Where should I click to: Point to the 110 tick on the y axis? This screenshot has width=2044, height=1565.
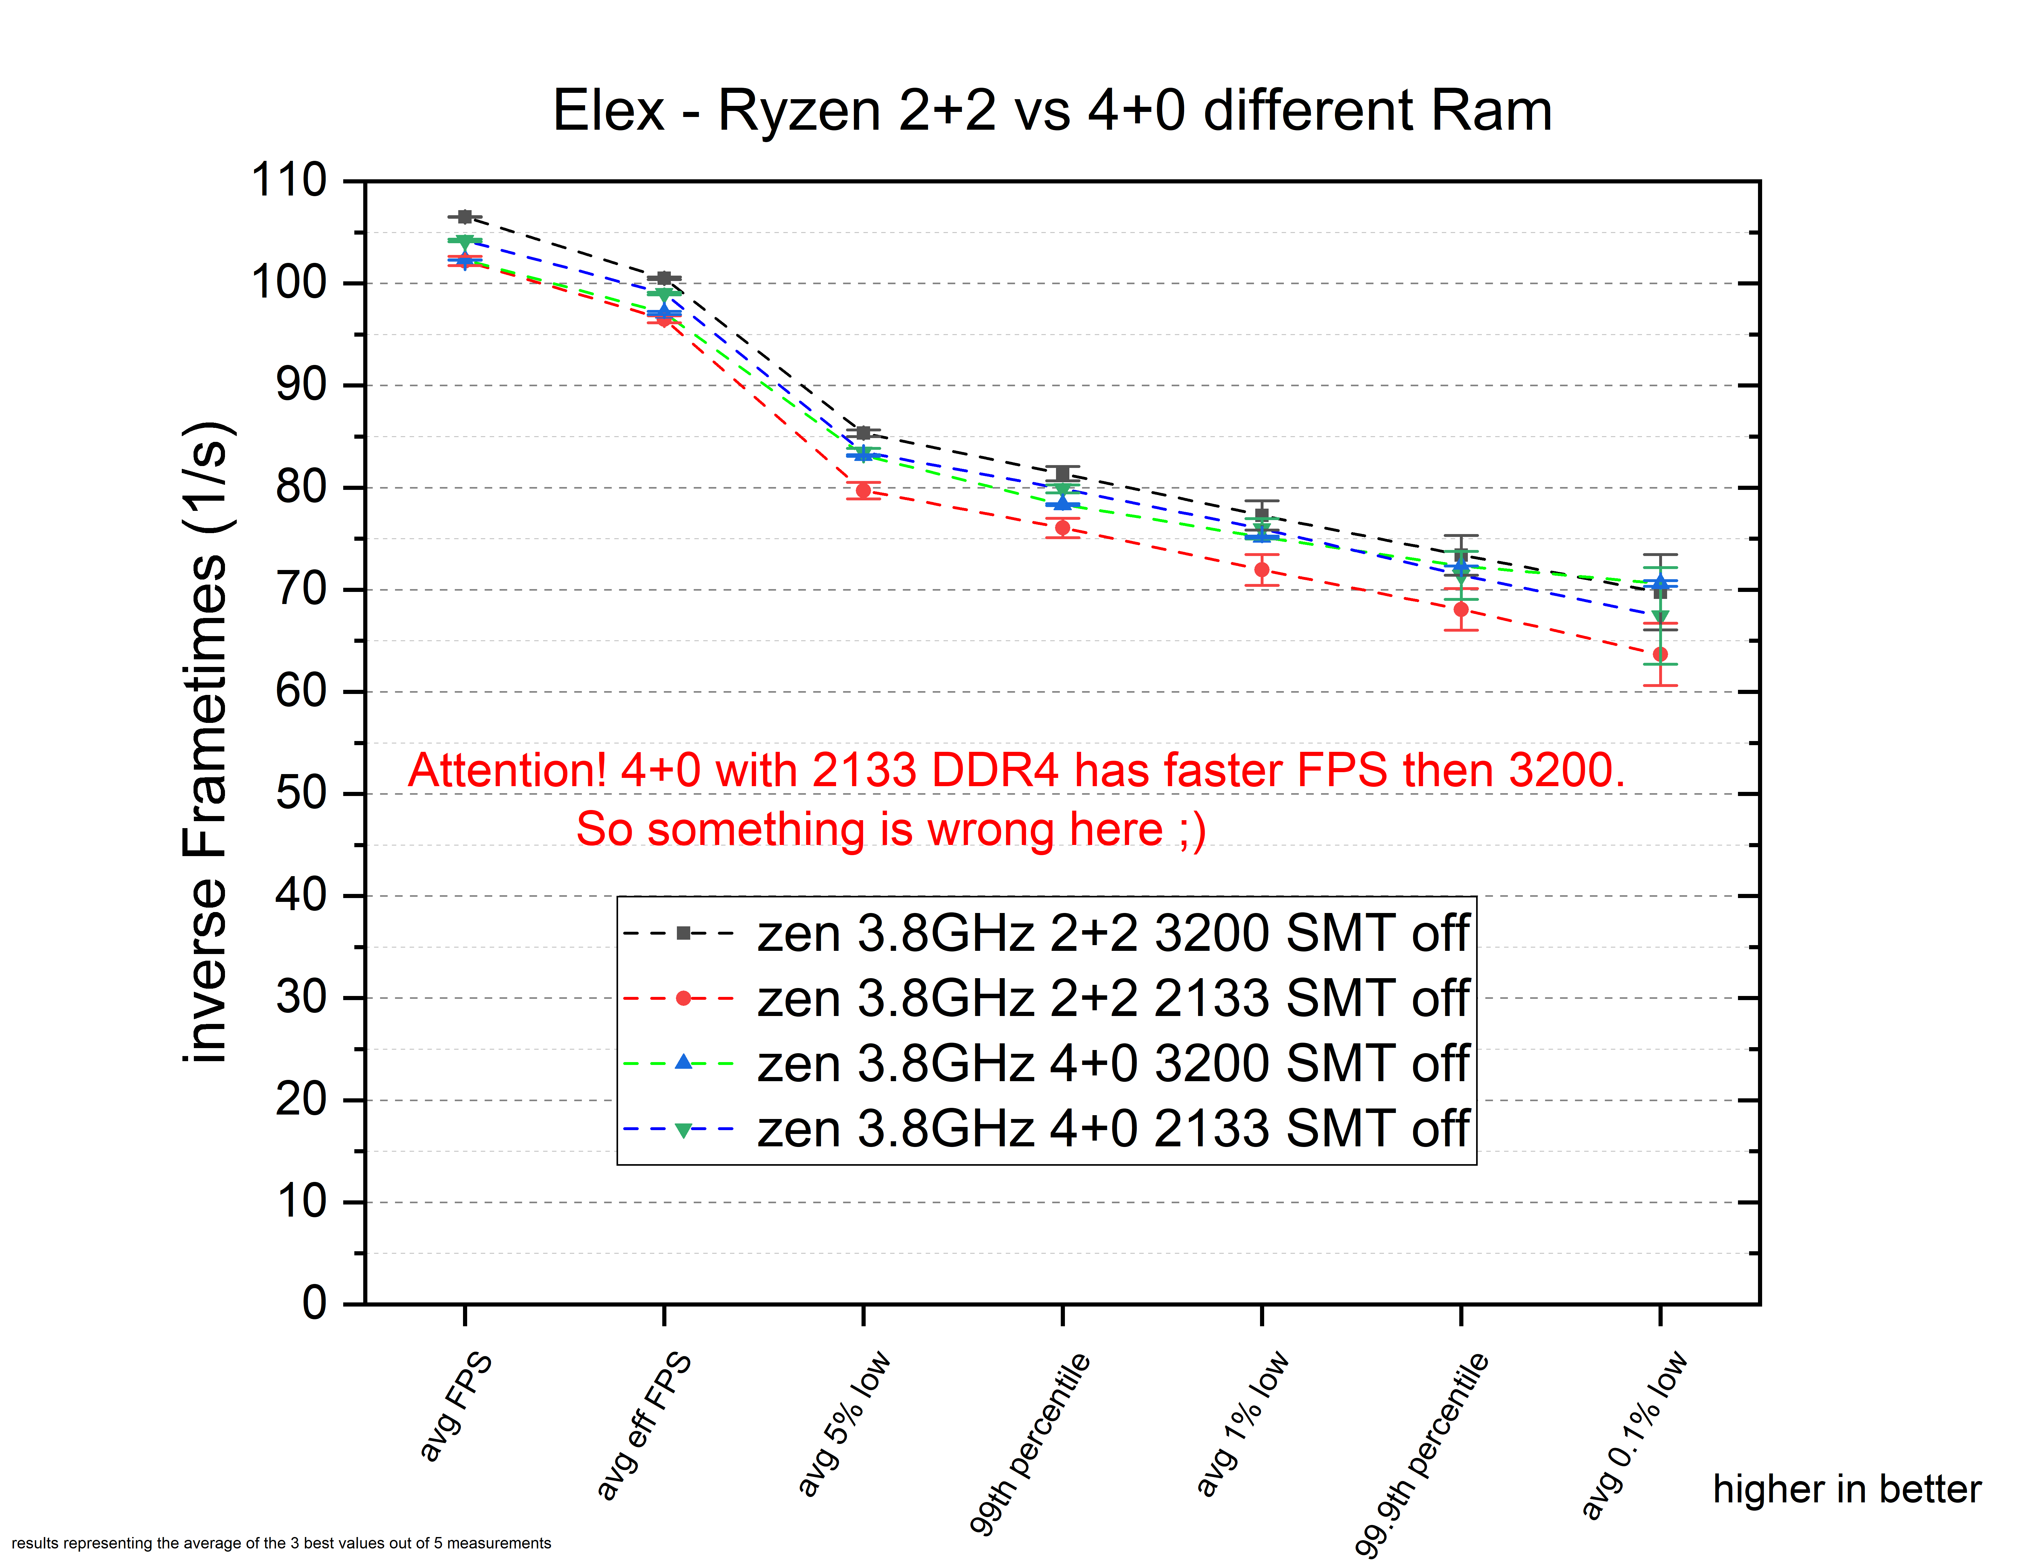[290, 181]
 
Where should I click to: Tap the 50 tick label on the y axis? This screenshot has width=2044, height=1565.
[302, 794]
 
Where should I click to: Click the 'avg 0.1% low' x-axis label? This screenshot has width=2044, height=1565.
[1634, 1435]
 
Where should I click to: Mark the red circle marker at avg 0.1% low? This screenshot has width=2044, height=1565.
[1659, 654]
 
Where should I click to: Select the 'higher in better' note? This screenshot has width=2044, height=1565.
[1847, 1490]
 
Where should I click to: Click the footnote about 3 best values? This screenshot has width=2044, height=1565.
[281, 1544]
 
